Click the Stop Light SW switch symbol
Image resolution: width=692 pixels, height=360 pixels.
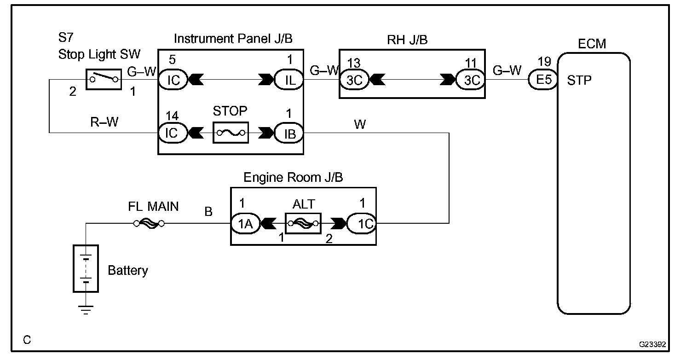[x=104, y=80]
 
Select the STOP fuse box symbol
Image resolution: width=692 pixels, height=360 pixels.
[x=231, y=133]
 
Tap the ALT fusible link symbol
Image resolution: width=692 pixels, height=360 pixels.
[x=303, y=223]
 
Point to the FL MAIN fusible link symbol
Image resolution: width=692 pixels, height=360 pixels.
[x=149, y=223]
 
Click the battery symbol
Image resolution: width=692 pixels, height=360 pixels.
[x=86, y=268]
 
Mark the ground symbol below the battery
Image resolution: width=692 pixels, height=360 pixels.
[x=86, y=310]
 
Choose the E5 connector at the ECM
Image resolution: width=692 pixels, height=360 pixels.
[x=543, y=80]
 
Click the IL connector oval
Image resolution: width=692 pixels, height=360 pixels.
[x=289, y=80]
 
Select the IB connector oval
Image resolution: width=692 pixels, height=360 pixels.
[x=289, y=133]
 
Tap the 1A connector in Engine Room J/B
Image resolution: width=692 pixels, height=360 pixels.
[x=246, y=223]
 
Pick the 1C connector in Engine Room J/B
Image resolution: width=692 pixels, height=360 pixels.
[x=362, y=223]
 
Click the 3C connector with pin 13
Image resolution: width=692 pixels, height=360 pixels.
[x=354, y=80]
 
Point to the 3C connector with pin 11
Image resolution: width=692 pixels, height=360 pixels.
[x=471, y=80]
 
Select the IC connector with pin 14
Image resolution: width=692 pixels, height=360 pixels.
[x=173, y=133]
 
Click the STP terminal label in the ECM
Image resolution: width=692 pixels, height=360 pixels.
[x=579, y=81]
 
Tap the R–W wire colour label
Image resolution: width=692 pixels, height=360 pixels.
[x=104, y=122]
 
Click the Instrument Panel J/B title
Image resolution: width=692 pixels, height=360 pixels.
[x=233, y=39]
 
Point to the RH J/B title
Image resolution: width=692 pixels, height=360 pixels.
[x=407, y=40]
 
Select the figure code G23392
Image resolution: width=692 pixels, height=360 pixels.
[x=652, y=344]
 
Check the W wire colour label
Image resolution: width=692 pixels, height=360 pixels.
[x=360, y=124]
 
